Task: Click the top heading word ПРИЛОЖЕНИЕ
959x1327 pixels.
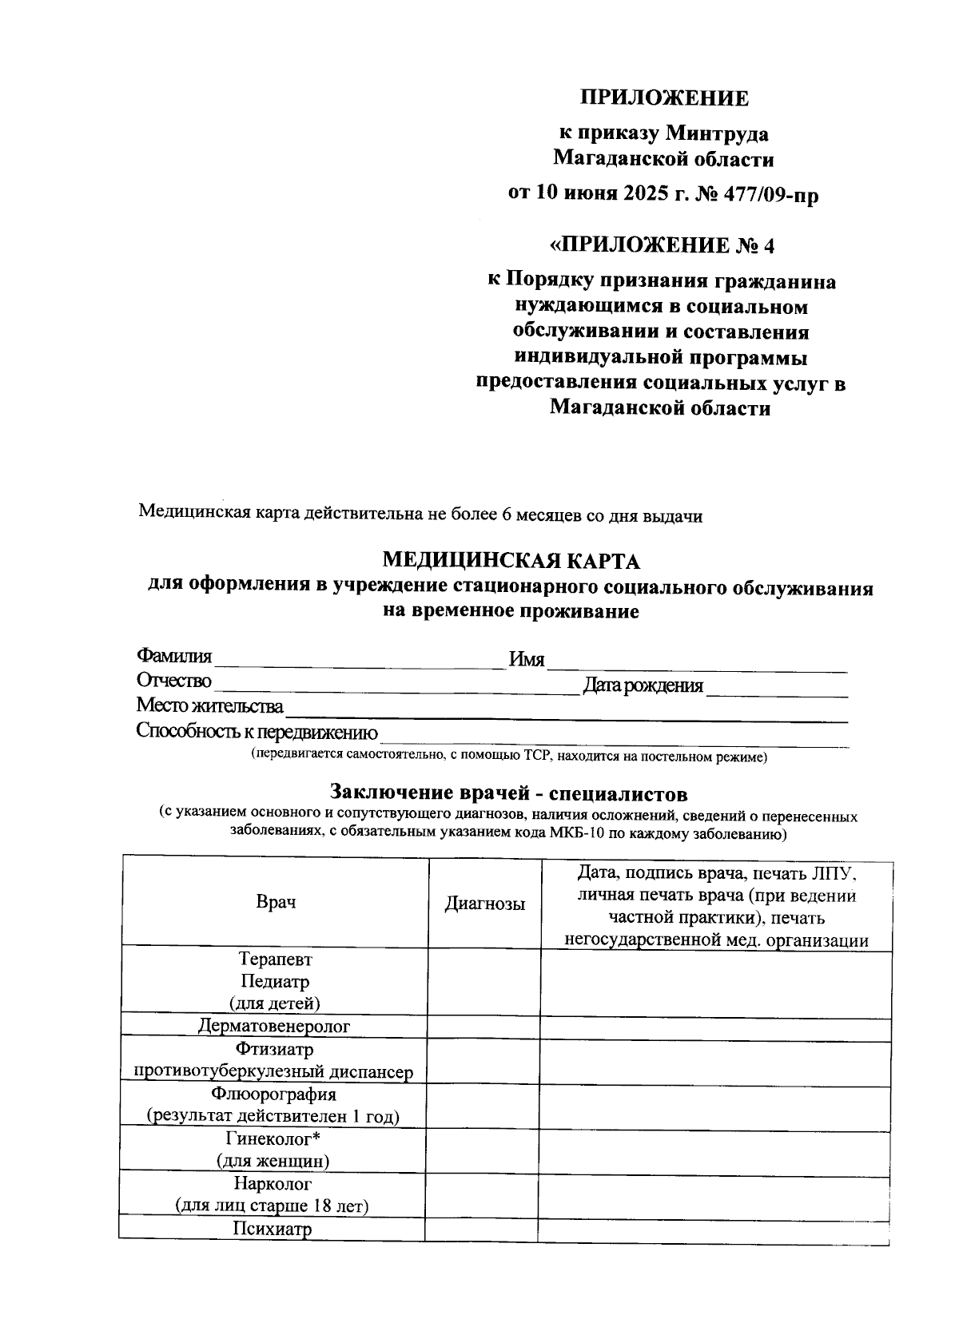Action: click(663, 98)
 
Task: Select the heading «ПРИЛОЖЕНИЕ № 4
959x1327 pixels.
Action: click(663, 244)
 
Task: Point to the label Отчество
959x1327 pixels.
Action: click(174, 681)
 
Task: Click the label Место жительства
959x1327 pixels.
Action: click(209, 706)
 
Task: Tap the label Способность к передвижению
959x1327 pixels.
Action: click(257, 731)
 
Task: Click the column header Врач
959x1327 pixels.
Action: click(276, 902)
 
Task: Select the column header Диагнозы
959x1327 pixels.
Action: click(485, 904)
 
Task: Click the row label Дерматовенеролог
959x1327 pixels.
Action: click(274, 1026)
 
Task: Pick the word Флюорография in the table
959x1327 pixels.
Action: click(274, 1094)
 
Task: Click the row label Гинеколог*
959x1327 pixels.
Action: click(273, 1138)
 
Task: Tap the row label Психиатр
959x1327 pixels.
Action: click(272, 1229)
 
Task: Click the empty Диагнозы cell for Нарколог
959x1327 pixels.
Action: click(481, 1194)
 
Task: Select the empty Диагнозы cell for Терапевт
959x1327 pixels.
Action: click(484, 981)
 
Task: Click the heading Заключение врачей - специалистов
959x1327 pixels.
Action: click(509, 793)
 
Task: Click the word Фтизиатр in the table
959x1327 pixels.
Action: click(274, 1049)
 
